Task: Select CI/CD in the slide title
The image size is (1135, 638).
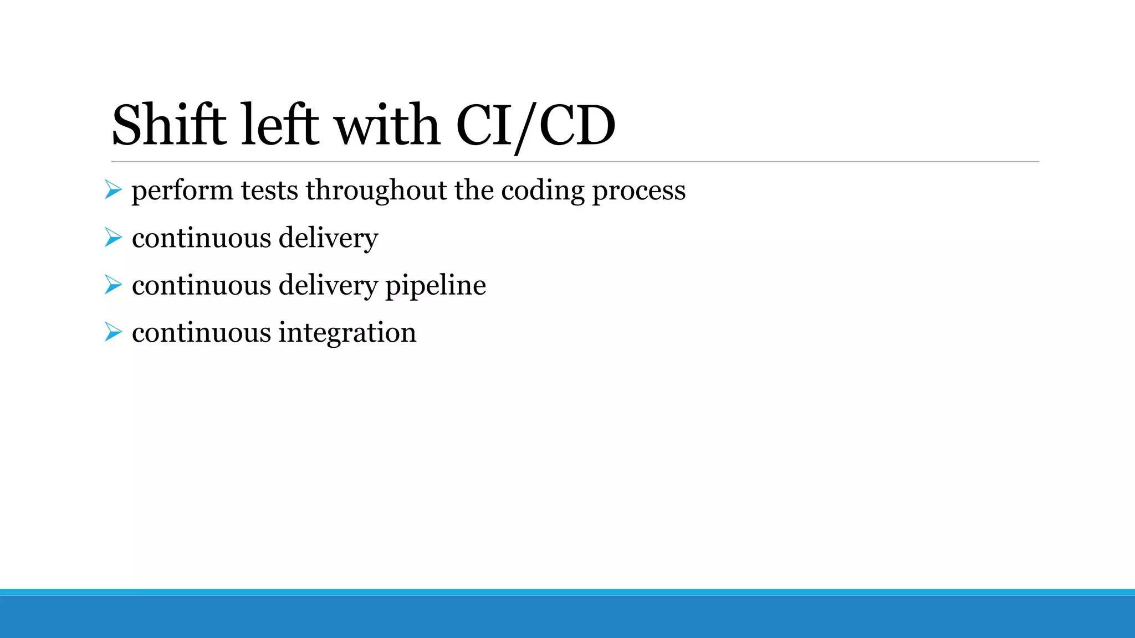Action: (535, 126)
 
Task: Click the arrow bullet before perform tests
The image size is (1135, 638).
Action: (113, 191)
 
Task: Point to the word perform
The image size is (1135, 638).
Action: (182, 191)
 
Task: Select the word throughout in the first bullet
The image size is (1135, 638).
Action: (376, 191)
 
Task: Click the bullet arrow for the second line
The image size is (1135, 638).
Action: (113, 238)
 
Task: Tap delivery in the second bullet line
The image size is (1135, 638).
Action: (328, 238)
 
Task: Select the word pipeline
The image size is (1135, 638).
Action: (435, 286)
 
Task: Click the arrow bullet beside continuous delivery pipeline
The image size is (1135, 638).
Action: (113, 285)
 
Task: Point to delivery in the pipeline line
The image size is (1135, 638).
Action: (328, 286)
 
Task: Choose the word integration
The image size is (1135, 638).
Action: (347, 333)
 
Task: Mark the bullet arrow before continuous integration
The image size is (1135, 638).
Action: (113, 332)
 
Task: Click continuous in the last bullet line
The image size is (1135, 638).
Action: (201, 333)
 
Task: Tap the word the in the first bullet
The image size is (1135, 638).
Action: (474, 191)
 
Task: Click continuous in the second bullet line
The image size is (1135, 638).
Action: (201, 238)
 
